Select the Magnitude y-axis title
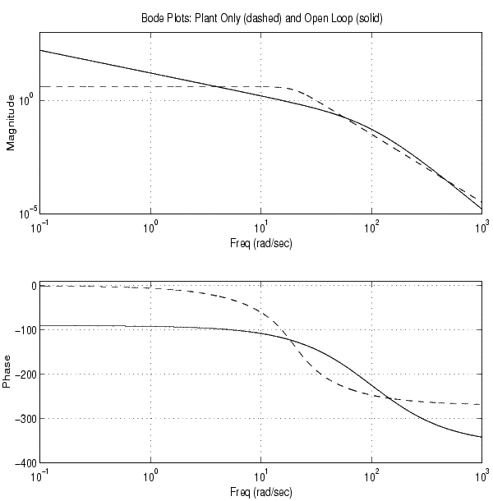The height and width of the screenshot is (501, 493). [x=11, y=122]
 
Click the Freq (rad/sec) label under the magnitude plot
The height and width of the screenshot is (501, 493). [x=260, y=244]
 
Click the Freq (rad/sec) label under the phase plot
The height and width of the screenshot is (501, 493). [x=260, y=494]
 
